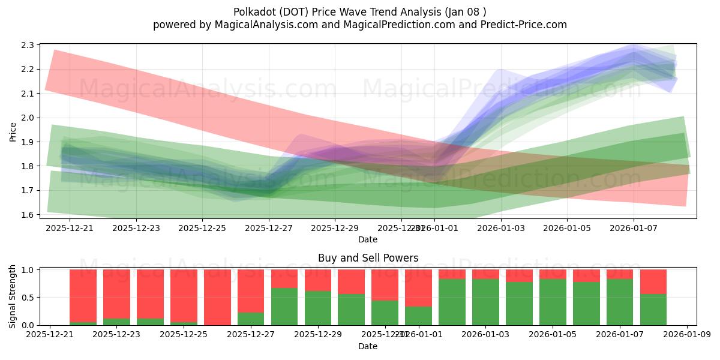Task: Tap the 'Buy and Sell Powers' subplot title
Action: point(368,259)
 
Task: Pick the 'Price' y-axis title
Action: point(13,131)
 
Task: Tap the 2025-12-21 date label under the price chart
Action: point(70,228)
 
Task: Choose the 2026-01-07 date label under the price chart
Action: point(634,228)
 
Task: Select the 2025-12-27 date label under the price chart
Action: point(269,228)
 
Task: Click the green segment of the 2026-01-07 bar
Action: point(620,302)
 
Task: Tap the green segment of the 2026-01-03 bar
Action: point(485,302)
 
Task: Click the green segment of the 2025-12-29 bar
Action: point(317,308)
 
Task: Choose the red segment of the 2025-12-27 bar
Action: point(251,291)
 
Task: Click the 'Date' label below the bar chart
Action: point(368,346)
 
